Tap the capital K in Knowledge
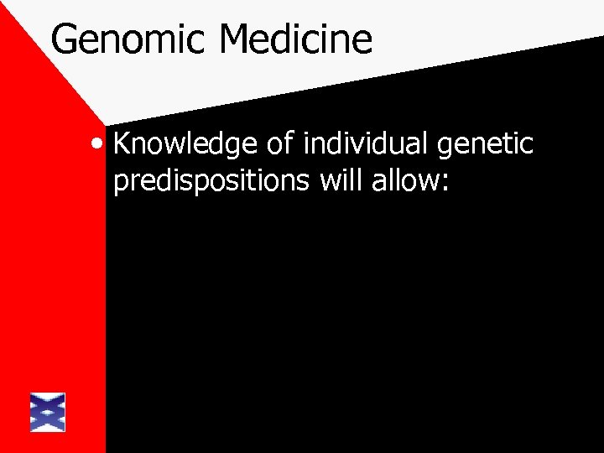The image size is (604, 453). [x=122, y=143]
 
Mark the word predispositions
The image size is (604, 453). [x=212, y=182]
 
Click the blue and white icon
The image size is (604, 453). [x=47, y=412]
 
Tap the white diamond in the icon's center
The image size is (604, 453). [x=47, y=412]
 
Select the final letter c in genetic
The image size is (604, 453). [x=526, y=146]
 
